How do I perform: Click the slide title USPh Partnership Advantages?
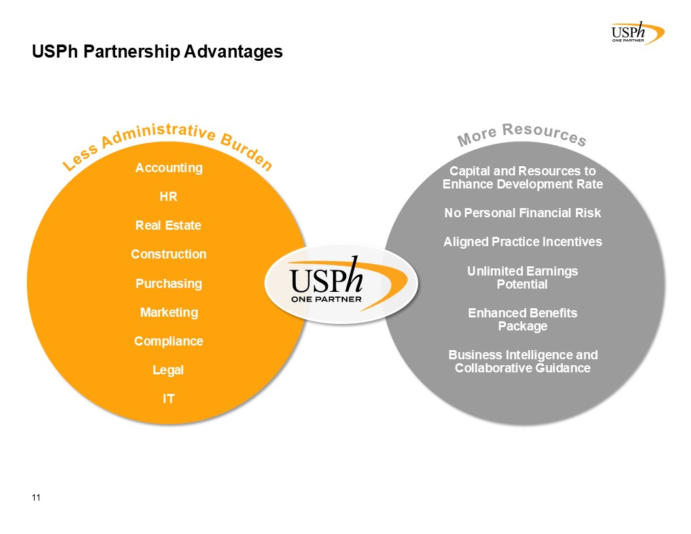tap(157, 52)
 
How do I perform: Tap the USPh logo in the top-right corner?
tap(638, 33)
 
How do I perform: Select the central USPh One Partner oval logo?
tap(342, 284)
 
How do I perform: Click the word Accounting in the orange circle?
tap(169, 168)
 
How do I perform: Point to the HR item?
tap(168, 196)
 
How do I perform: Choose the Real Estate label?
tap(168, 225)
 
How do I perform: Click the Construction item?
tap(169, 254)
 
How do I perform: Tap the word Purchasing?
tap(169, 284)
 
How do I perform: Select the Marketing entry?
tap(169, 312)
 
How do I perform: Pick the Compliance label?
tap(169, 342)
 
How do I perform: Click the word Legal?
tap(168, 370)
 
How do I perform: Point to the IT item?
tap(169, 399)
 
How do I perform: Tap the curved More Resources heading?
tap(522, 134)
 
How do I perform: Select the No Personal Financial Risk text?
tap(523, 213)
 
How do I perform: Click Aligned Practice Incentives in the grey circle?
tap(523, 242)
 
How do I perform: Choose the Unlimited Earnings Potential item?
tap(523, 277)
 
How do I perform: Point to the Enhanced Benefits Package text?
tap(523, 319)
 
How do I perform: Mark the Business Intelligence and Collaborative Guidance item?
tap(523, 361)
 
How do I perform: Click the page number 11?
tap(36, 497)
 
